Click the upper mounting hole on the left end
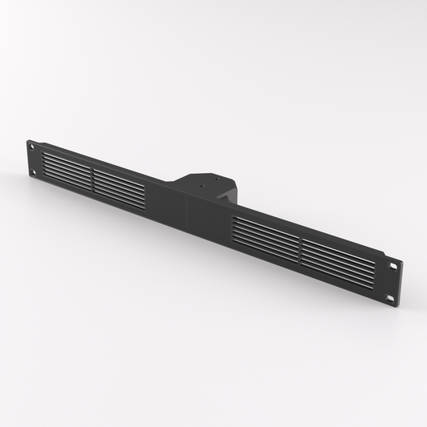click(x=31, y=145)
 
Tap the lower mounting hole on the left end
click(x=33, y=171)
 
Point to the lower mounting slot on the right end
click(x=390, y=297)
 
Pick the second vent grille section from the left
click(x=119, y=185)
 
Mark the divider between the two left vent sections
click(x=92, y=175)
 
